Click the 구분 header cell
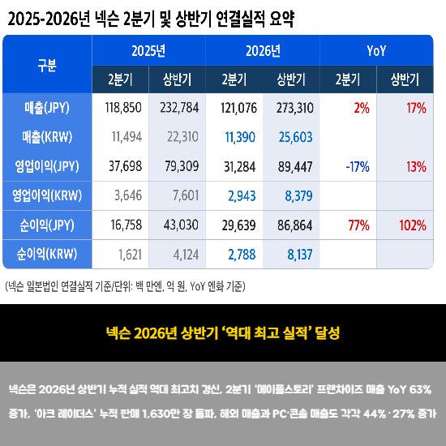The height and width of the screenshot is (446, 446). [47, 65]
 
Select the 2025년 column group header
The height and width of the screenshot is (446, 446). [148, 51]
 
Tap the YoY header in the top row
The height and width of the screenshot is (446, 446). [376, 51]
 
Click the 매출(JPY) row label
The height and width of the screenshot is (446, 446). [47, 108]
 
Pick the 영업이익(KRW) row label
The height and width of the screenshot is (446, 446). [47, 195]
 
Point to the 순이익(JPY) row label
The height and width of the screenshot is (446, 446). [47, 225]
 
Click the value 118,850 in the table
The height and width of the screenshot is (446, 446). [123, 108]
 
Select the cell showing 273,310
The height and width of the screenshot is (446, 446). [294, 108]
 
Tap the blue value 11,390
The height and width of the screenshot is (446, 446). [240, 137]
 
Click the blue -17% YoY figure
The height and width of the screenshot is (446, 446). [358, 167]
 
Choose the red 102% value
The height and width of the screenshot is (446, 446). [413, 225]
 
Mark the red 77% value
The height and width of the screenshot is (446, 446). [359, 225]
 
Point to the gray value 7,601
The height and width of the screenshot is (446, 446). [186, 195]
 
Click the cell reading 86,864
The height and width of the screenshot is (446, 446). [294, 225]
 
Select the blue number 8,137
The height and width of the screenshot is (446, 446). [300, 255]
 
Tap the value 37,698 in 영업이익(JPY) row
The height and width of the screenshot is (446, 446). [125, 166]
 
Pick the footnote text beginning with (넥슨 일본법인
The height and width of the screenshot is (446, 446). [125, 286]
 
